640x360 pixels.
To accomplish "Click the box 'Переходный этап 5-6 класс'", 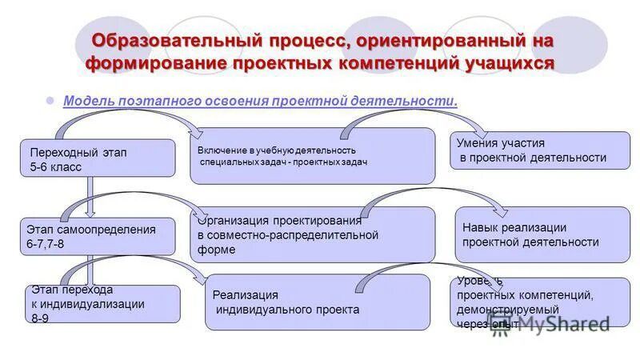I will pyautogui.click(x=96, y=158).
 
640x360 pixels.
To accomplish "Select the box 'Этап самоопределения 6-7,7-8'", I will pyautogui.click(x=96, y=236).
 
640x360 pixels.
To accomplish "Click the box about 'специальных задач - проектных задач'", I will pyautogui.click(x=313, y=156).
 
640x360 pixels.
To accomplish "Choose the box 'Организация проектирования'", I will pyautogui.click(x=313, y=234).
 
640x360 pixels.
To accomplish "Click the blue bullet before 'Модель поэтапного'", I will pyautogui.click(x=49, y=102).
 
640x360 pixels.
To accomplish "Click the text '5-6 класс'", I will pyautogui.click(x=55, y=166).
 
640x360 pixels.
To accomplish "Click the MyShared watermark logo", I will pyautogui.click(x=560, y=322).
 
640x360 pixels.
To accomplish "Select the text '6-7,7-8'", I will pyautogui.click(x=50, y=243).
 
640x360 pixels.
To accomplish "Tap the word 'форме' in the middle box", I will pyautogui.click(x=217, y=250).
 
